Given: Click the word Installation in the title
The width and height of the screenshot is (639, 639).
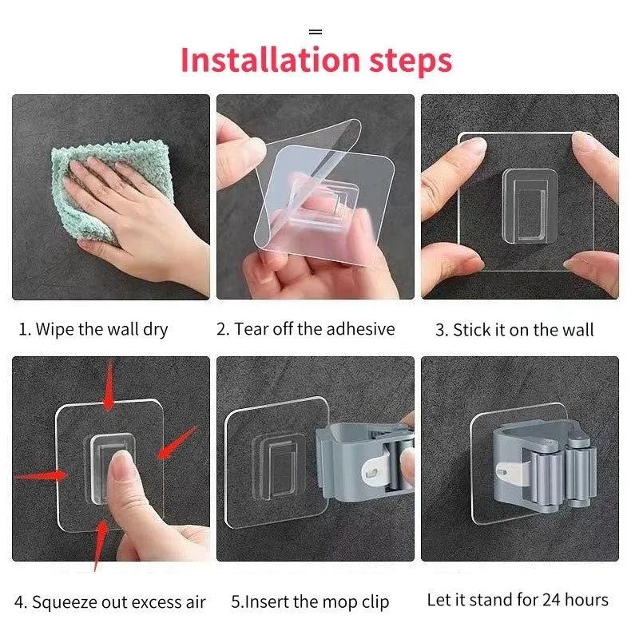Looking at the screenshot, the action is (x=270, y=60).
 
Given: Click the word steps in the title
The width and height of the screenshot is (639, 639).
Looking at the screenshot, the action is (x=411, y=62).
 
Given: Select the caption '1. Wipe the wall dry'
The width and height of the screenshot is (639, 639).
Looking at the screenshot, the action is (x=93, y=329).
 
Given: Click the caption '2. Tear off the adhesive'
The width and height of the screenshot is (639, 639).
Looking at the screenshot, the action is (x=306, y=329).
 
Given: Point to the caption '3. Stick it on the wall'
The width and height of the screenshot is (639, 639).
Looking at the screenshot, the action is (x=514, y=330).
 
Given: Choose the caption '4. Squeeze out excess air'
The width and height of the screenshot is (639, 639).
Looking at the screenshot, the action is (x=110, y=602).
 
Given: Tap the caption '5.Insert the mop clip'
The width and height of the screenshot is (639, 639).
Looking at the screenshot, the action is (x=310, y=602).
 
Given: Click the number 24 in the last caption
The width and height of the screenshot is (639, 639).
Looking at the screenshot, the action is (x=551, y=600).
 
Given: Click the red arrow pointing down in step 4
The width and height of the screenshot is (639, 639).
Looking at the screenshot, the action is (x=109, y=385).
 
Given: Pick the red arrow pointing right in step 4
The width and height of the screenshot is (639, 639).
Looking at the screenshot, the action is (x=41, y=475).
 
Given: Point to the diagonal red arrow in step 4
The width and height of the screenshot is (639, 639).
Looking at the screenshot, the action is (x=177, y=443).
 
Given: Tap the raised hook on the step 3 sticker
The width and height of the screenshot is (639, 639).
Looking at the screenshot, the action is (x=530, y=207).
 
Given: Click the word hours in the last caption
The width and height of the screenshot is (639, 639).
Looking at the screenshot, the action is (x=587, y=600).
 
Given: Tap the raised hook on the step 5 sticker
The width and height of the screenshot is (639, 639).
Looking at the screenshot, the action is (x=280, y=466).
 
